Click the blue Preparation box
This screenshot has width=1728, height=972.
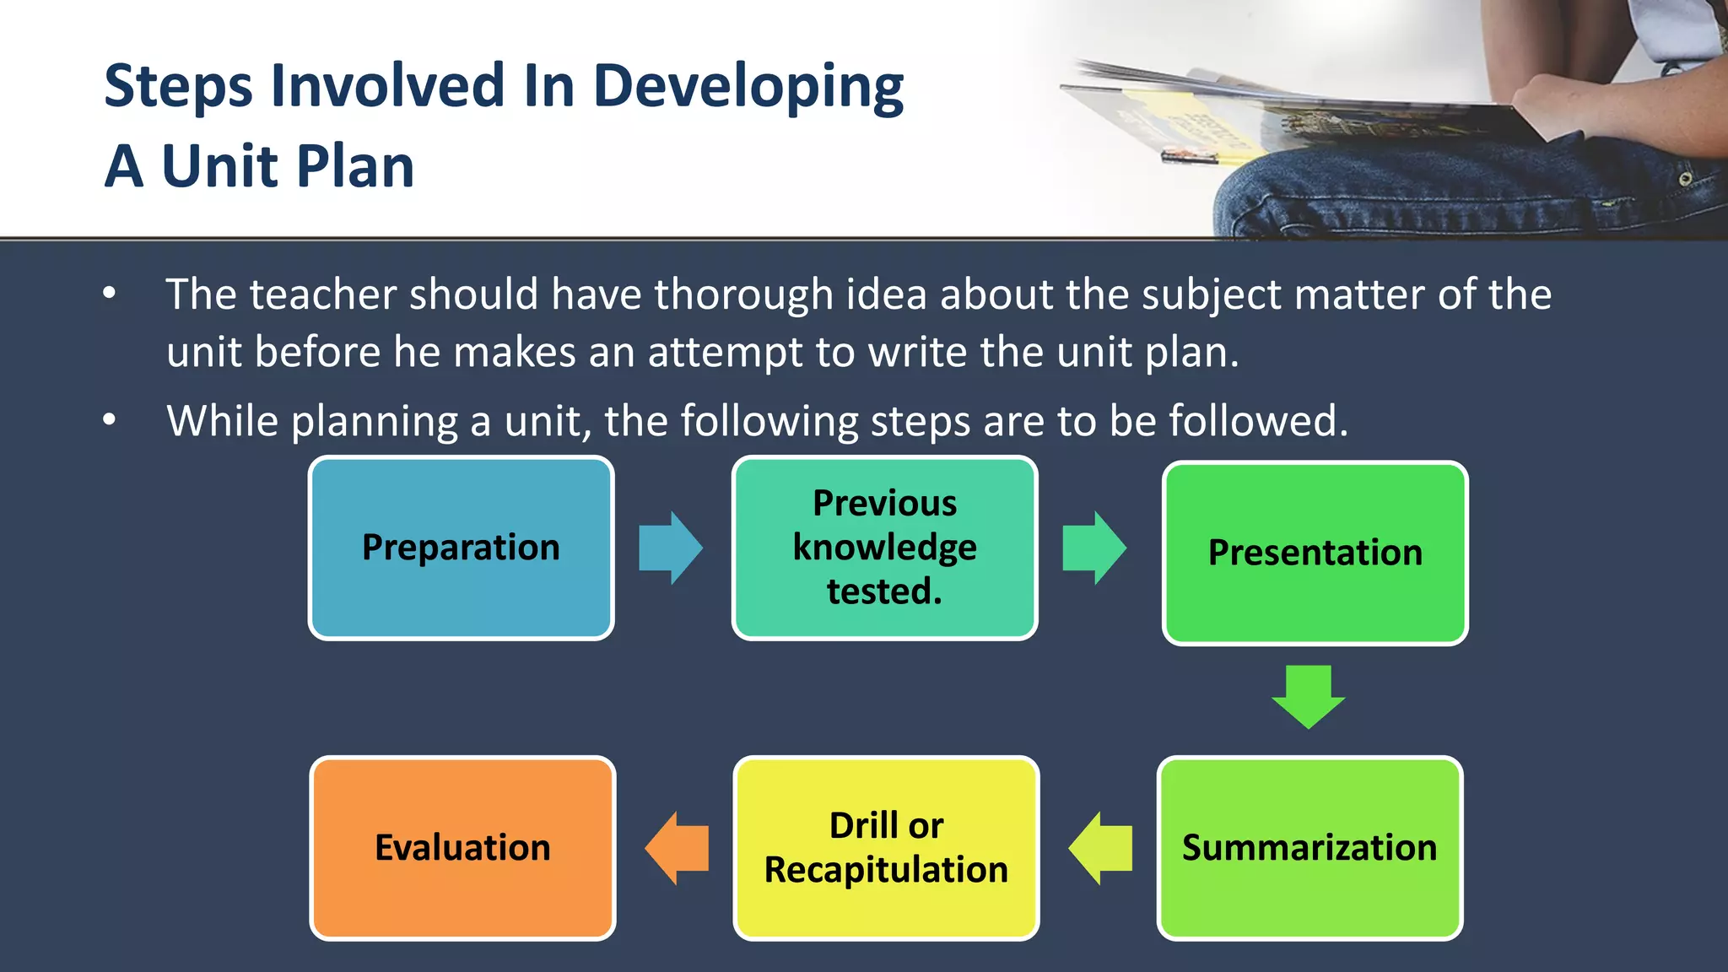click(461, 548)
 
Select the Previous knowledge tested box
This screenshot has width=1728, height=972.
click(884, 548)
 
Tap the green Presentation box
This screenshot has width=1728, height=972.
click(1315, 553)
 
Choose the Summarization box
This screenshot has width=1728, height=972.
click(1309, 847)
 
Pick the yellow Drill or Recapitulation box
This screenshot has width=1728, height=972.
click(886, 847)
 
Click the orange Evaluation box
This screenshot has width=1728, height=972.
click(462, 847)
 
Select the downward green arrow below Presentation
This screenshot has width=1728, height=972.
click(1309, 696)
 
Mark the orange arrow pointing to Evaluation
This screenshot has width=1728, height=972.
click(676, 848)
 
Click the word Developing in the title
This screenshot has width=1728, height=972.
click(748, 88)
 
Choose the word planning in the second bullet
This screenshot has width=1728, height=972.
click(375, 421)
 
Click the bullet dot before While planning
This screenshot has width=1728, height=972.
click(110, 419)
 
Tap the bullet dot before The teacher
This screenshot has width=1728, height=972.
click(110, 294)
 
